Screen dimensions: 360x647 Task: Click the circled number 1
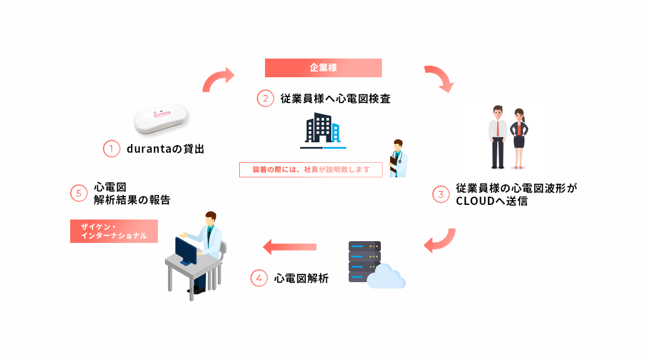click(111, 149)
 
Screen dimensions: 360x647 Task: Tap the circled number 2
click(266, 98)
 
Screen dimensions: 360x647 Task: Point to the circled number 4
click(259, 278)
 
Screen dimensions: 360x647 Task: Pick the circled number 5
click(79, 194)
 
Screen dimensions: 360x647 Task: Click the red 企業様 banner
click(323, 68)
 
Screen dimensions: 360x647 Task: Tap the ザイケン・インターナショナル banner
click(114, 231)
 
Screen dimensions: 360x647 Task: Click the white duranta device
click(160, 119)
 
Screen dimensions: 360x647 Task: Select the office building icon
click(322, 129)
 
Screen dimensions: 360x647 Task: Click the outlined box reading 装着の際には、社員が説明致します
click(311, 170)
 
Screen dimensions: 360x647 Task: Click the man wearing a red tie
click(498, 136)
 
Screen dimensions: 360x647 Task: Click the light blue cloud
click(387, 277)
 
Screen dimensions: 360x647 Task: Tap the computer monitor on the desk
click(187, 251)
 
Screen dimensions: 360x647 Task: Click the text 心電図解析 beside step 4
click(301, 279)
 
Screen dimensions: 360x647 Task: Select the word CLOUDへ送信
click(492, 201)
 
